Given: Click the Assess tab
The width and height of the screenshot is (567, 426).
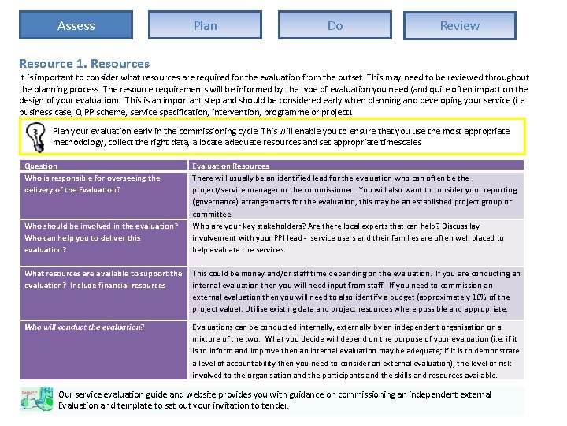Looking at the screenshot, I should [x=76, y=25].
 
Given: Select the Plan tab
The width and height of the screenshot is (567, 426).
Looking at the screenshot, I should [x=205, y=25].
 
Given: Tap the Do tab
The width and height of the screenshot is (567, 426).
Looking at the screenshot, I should [x=335, y=25].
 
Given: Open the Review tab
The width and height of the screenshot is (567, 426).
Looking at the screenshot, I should [x=459, y=25].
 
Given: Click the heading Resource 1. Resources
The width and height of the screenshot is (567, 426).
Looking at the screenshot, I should [x=84, y=63].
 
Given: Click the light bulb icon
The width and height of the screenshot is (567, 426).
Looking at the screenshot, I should [x=35, y=137].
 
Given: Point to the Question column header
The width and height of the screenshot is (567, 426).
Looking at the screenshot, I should [x=41, y=166].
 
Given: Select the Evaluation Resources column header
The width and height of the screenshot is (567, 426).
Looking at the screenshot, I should [x=231, y=166].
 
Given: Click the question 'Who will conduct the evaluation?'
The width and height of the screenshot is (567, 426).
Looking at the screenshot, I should [x=84, y=327].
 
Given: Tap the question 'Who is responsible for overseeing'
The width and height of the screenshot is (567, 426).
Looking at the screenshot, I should [x=92, y=178].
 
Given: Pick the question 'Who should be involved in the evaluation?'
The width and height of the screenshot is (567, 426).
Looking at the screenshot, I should [x=102, y=226].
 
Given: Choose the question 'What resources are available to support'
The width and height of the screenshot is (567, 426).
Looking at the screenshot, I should [x=103, y=274].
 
